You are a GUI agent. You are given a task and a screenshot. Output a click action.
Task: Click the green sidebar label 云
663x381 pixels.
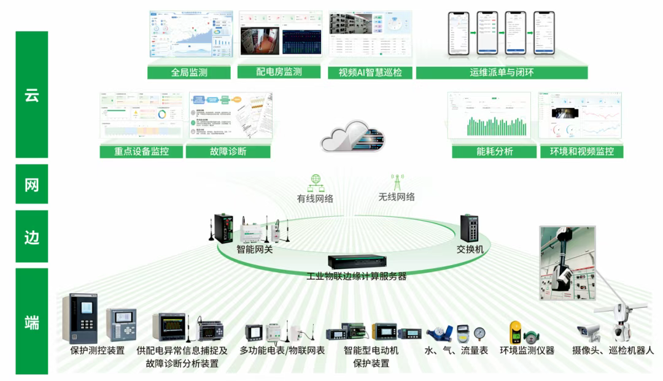point(32,94)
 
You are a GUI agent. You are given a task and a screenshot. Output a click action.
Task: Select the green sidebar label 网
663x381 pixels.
point(32,184)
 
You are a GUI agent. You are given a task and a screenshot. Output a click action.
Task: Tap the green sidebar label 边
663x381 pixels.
point(32,237)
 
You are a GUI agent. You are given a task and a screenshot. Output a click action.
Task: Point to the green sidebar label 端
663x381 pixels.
point(32,321)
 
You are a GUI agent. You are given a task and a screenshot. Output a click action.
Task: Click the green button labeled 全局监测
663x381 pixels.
point(189,72)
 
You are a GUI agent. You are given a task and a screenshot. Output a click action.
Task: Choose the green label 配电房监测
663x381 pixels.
point(279,72)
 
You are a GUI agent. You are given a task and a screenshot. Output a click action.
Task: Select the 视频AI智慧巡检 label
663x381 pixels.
point(370,72)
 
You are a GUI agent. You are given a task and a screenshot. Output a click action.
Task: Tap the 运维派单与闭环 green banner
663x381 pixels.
point(502,72)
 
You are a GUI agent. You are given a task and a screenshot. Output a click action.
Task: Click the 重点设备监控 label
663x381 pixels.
point(141,152)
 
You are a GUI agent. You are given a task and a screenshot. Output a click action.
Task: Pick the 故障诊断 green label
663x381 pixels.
point(228,152)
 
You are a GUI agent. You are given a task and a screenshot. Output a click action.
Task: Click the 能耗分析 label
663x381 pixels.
point(494,152)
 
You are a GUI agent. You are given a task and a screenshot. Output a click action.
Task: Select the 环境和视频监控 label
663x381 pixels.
point(581,152)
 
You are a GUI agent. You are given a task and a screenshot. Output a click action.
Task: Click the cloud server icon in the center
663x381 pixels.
point(352,136)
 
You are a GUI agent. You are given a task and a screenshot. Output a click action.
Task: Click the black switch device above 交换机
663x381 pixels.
point(471,228)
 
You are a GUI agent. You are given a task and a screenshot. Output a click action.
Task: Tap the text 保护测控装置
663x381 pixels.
point(98,351)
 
